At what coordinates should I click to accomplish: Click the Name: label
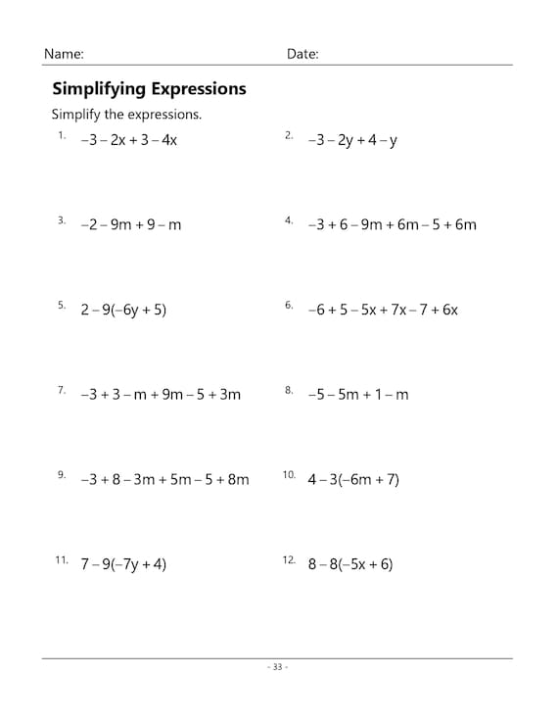[64, 54]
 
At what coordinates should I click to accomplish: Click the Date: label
[302, 54]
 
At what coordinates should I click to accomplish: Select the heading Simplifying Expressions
[149, 89]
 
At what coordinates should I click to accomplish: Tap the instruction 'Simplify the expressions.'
[126, 115]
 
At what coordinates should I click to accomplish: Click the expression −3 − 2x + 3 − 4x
[128, 140]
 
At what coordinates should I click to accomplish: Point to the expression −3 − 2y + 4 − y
[352, 140]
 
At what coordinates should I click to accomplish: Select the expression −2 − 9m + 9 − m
[130, 225]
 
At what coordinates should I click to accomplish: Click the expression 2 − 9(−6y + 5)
[123, 310]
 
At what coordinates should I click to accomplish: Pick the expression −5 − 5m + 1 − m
[357, 395]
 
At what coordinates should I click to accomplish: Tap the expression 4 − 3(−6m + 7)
[353, 480]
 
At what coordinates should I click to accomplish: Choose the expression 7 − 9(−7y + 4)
[123, 564]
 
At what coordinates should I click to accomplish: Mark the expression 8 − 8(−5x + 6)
[349, 564]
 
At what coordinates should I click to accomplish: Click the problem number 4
[289, 220]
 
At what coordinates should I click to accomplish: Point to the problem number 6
[289, 305]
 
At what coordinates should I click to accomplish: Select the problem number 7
[61, 390]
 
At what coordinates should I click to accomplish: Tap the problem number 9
[61, 475]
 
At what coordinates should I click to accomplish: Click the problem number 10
[289, 475]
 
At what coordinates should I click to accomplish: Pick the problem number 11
[61, 559]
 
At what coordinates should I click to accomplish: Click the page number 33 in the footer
[277, 667]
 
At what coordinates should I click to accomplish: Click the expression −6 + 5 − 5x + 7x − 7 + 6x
[383, 310]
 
